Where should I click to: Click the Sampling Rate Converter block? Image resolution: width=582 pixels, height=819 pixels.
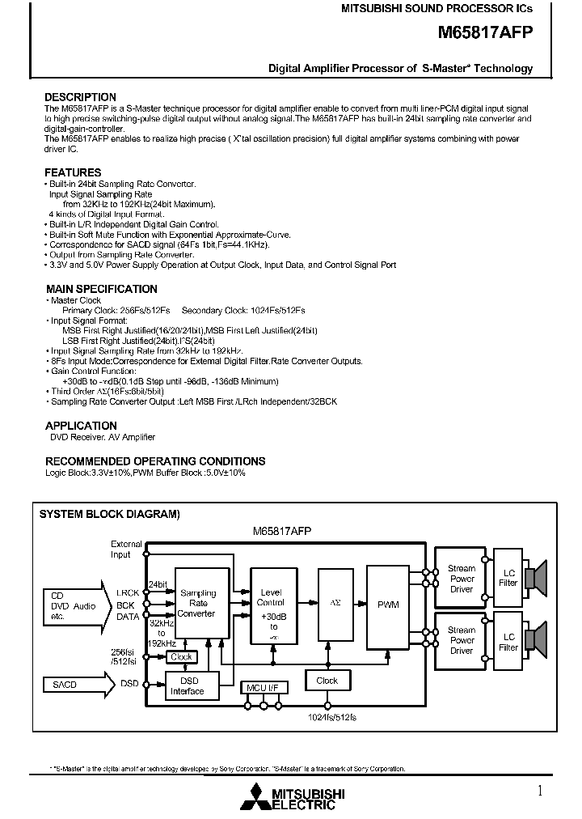(x=197, y=604)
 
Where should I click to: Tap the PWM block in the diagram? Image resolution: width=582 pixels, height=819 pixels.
(x=388, y=605)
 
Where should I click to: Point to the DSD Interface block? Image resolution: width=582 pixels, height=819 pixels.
(x=188, y=685)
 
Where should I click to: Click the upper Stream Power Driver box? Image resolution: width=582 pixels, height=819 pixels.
(x=462, y=579)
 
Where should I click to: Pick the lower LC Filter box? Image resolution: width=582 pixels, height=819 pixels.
(x=508, y=642)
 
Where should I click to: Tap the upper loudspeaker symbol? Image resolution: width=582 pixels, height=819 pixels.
(x=536, y=578)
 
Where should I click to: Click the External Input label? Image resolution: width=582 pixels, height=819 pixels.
(x=126, y=550)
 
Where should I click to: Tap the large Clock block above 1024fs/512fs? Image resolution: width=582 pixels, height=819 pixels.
(x=327, y=681)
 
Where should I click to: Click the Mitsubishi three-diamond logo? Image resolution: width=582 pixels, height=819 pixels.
(x=255, y=796)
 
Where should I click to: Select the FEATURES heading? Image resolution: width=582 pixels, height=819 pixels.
(x=73, y=172)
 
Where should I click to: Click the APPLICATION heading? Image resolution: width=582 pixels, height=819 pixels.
(x=81, y=426)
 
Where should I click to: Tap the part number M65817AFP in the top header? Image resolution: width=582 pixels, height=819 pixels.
(x=486, y=32)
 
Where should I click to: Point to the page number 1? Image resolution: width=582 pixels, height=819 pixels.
(x=540, y=790)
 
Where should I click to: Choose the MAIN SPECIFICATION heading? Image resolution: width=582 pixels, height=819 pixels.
(x=101, y=289)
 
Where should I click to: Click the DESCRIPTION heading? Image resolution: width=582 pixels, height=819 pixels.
(x=80, y=97)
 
